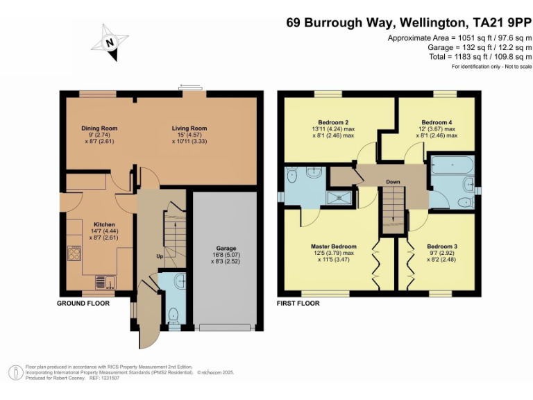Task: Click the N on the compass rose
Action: click(110, 43)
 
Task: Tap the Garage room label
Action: click(226, 249)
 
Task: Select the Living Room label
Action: click(189, 128)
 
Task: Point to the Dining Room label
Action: click(99, 128)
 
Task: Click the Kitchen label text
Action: click(104, 224)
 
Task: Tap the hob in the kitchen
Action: click(74, 253)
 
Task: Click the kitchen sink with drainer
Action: click(105, 283)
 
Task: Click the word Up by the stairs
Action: click(160, 256)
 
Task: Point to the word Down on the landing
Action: click(393, 182)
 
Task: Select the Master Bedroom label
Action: click(334, 247)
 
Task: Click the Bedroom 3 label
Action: click(442, 247)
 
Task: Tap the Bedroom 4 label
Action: click(437, 122)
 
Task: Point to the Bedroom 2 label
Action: click(333, 122)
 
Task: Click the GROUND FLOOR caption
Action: click(83, 303)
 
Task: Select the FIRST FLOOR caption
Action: click(298, 303)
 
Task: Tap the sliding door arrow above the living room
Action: click(187, 85)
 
